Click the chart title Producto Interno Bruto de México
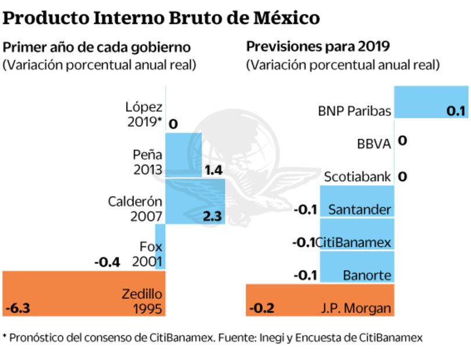pos(161,17)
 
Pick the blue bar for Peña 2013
pos(184,154)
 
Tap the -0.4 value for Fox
pos(107,263)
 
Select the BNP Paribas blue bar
pos(431,101)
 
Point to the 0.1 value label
pos(455,110)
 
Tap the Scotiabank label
pos(357,176)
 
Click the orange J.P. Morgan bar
pos(320,300)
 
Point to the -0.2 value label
pos(263,308)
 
